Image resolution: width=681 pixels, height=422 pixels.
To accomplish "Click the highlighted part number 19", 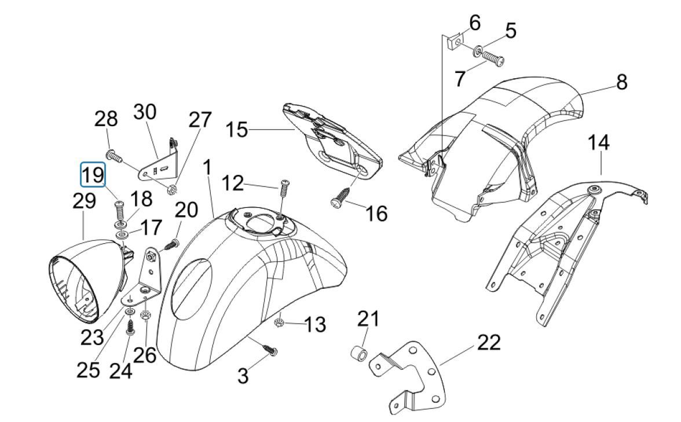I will click(x=93, y=174).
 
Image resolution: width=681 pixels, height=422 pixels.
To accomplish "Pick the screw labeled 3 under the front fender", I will click(x=270, y=349).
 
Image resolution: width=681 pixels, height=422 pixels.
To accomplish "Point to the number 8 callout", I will click(x=621, y=82).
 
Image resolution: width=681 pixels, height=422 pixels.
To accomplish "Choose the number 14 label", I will click(x=599, y=142).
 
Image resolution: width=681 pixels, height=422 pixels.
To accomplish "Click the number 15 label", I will click(x=236, y=129).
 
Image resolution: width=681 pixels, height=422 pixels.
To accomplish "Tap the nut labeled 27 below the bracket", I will click(x=171, y=188).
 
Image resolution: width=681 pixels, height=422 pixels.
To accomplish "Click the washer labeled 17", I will click(x=122, y=236).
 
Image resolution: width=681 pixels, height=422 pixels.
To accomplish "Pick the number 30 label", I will click(x=145, y=111).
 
